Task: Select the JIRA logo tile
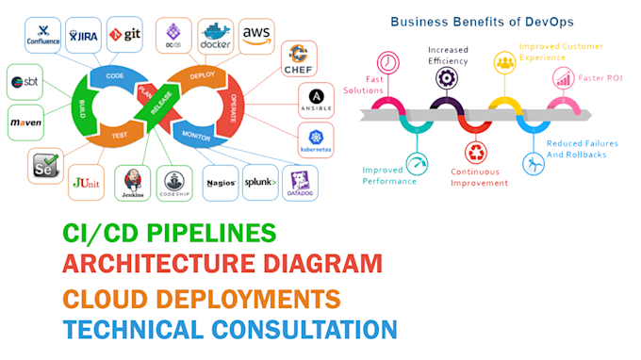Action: pyautogui.click(x=84, y=36)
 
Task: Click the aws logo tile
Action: pyautogui.click(x=256, y=36)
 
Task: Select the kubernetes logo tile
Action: pyautogui.click(x=316, y=140)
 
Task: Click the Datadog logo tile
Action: pyautogui.click(x=301, y=181)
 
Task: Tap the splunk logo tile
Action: pyautogui.click(x=260, y=181)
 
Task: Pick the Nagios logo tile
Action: pyautogui.click(x=221, y=182)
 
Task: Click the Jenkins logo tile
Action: pyautogui.click(x=133, y=182)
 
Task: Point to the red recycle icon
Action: pyautogui.click(x=475, y=152)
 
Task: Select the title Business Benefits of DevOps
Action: pyautogui.click(x=482, y=20)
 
